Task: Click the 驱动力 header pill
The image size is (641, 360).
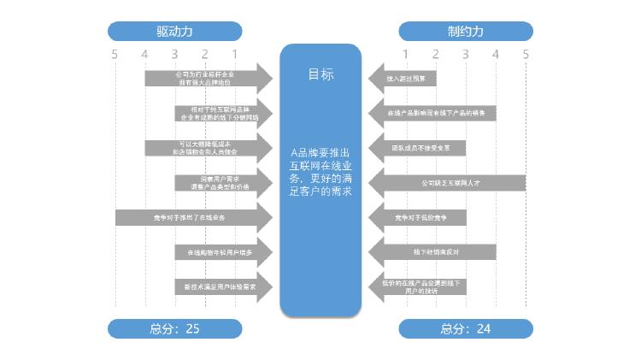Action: pyautogui.click(x=175, y=32)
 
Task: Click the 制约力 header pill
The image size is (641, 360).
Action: pyautogui.click(x=466, y=32)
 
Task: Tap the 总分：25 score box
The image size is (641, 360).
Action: pyautogui.click(x=175, y=328)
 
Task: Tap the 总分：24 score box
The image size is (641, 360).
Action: pyautogui.click(x=466, y=328)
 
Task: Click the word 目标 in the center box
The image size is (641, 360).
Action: pyautogui.click(x=321, y=74)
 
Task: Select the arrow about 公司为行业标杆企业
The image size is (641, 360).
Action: pyautogui.click(x=205, y=79)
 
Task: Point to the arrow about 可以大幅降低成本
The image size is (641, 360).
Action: pyautogui.click(x=205, y=148)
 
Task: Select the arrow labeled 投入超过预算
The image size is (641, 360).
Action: pyautogui.click(x=405, y=79)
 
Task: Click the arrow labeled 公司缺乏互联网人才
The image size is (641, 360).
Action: pyautogui.click(x=450, y=183)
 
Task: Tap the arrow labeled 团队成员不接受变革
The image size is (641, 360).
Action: pyautogui.click(x=419, y=148)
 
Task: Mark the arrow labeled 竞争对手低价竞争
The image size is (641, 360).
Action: pyautogui.click(x=419, y=217)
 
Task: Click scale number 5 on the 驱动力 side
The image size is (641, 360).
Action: pyautogui.click(x=115, y=55)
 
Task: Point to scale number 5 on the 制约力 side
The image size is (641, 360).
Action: pyautogui.click(x=526, y=55)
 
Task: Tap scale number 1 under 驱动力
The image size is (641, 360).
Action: pyautogui.click(x=235, y=55)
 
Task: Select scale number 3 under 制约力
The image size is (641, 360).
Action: pyautogui.click(x=466, y=55)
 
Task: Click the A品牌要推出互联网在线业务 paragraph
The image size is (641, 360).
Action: pyautogui.click(x=321, y=171)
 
